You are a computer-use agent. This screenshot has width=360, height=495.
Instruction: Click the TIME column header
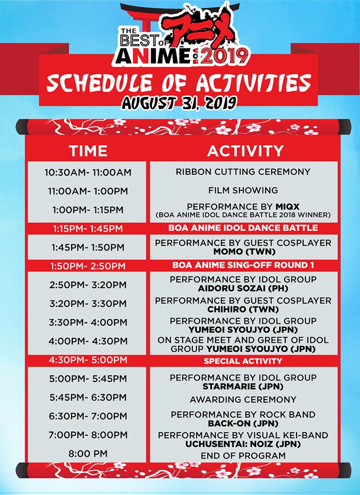click(88, 151)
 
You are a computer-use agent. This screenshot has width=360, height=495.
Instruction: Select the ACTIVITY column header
click(246, 151)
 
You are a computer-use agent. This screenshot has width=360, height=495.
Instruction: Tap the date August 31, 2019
click(179, 103)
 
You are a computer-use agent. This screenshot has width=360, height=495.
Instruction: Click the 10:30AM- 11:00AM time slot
click(88, 172)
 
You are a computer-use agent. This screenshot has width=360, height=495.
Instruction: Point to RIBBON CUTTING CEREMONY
click(243, 172)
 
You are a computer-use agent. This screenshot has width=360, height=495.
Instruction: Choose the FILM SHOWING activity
click(243, 190)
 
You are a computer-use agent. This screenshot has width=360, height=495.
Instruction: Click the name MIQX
click(287, 207)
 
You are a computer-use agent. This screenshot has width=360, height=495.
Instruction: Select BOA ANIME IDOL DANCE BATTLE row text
click(243, 228)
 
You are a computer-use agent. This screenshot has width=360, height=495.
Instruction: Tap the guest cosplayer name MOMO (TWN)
click(244, 252)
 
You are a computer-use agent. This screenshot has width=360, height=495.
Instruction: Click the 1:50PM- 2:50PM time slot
click(88, 266)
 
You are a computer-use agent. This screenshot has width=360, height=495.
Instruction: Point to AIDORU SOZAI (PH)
click(243, 288)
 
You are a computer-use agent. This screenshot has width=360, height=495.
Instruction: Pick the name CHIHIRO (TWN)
click(243, 309)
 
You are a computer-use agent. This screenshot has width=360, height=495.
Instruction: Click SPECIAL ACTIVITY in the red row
click(243, 361)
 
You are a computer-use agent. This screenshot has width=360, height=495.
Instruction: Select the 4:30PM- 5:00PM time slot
click(88, 360)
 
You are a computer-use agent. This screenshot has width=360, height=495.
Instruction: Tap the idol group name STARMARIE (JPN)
click(243, 386)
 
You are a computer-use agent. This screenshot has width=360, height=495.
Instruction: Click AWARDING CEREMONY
click(243, 400)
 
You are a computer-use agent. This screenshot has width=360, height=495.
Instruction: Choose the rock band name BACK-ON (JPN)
click(243, 423)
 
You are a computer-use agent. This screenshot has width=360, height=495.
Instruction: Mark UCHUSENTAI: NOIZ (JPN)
click(243, 444)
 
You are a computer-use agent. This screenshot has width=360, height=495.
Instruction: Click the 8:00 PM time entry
click(88, 454)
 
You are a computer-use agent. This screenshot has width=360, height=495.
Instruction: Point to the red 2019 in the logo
click(225, 57)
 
